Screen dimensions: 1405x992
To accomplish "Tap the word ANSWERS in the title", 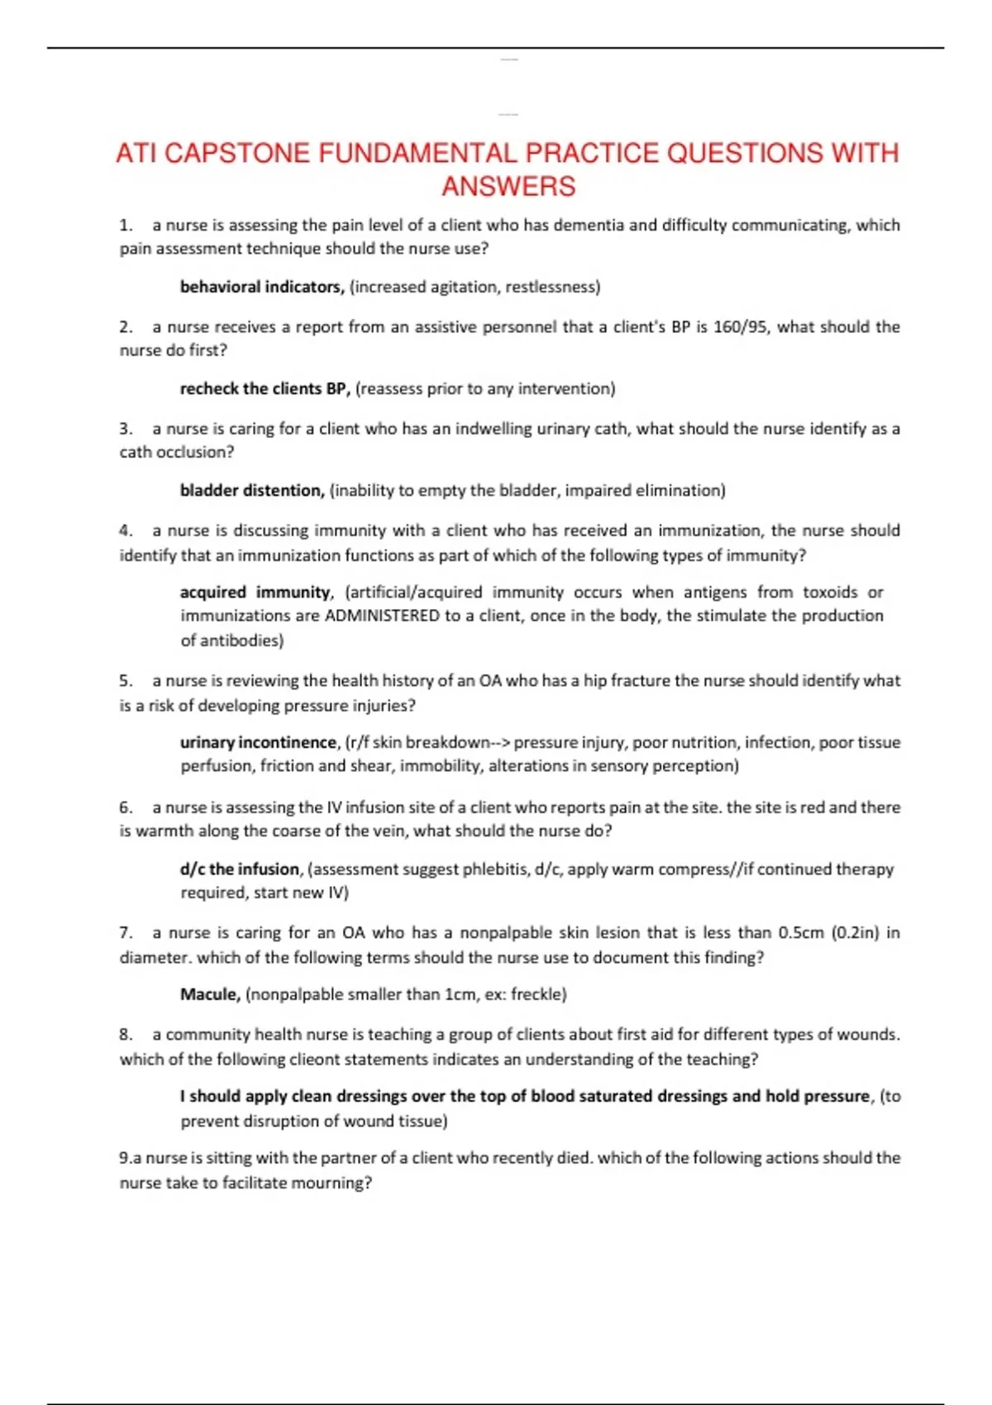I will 508,187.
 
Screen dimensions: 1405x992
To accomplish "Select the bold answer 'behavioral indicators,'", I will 262,287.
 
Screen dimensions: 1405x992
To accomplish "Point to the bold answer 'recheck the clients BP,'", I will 265,388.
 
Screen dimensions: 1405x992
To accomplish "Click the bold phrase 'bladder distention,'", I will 252,490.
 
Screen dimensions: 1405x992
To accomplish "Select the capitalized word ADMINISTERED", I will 382,616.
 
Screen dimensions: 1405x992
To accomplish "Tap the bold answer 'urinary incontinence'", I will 259,742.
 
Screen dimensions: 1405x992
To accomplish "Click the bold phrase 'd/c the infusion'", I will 240,869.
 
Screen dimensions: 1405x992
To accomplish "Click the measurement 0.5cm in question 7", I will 801,932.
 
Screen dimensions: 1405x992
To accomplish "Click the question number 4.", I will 126,530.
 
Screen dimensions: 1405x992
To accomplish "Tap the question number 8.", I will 126,1034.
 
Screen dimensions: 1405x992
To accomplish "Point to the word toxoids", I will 830,592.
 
